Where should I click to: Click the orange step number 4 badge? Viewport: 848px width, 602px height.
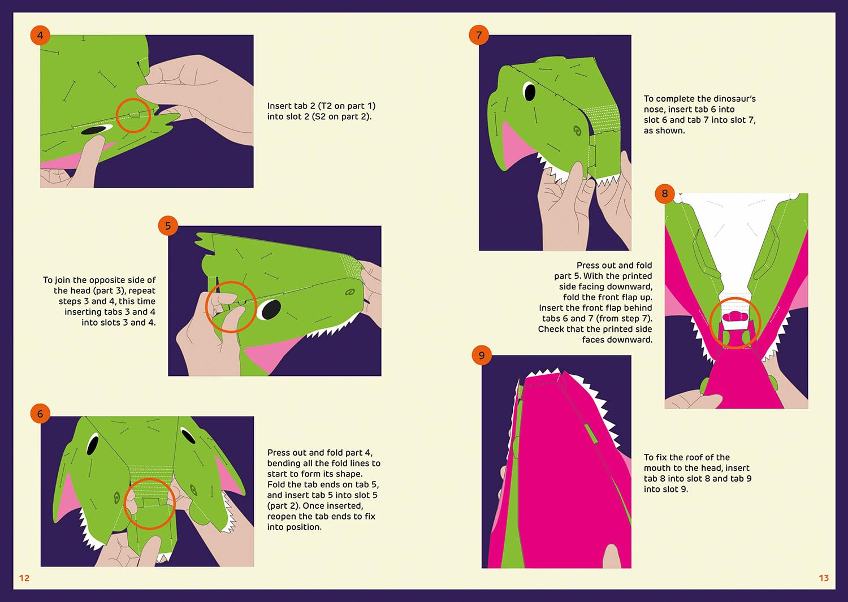click(40, 35)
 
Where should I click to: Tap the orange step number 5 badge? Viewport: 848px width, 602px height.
click(168, 226)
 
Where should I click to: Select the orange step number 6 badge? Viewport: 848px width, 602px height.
click(40, 413)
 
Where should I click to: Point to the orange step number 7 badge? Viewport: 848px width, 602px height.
click(479, 35)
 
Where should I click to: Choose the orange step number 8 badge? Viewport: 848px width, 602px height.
click(665, 193)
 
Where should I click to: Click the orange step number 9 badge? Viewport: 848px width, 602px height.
click(482, 355)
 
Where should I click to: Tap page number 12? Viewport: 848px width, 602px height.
click(24, 578)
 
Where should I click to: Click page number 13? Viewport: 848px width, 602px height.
click(824, 578)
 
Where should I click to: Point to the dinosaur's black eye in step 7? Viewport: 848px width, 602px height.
click(530, 92)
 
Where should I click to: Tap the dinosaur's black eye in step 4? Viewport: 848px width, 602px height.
click(93, 130)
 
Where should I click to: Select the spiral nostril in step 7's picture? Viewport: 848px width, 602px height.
click(577, 131)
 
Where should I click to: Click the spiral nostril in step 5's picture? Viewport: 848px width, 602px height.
click(349, 292)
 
